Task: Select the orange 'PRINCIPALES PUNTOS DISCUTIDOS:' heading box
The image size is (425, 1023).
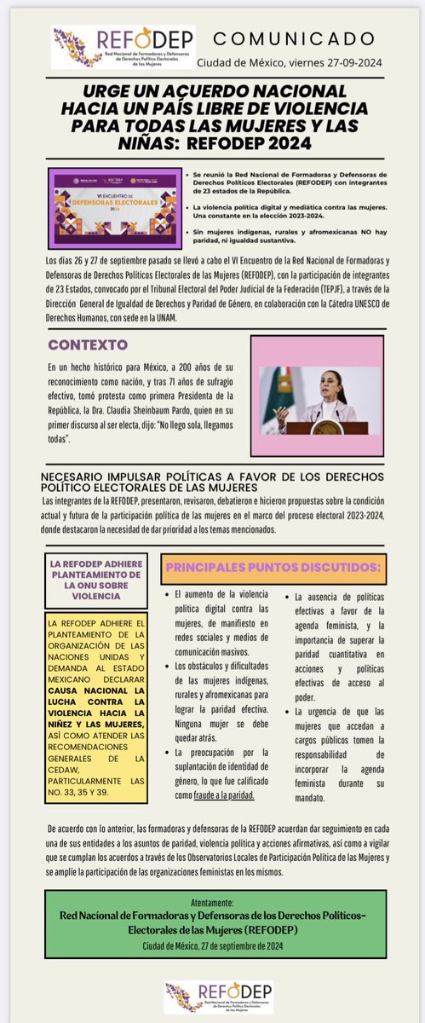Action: point(279,567)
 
